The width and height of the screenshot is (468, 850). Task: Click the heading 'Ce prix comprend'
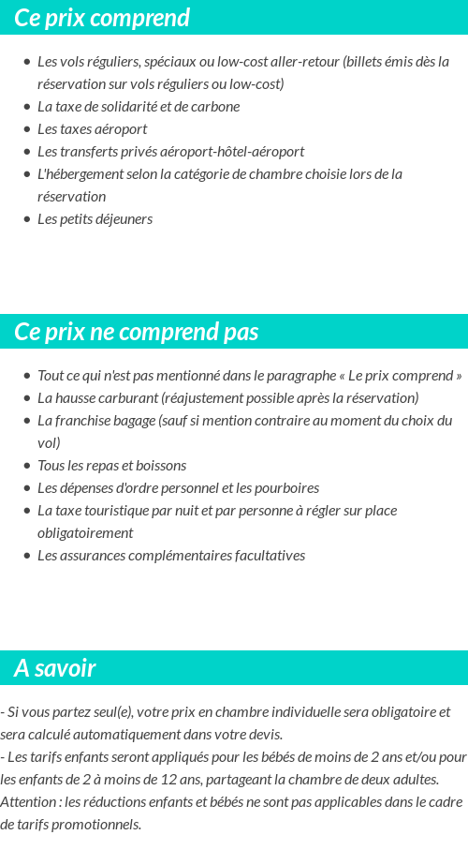(102, 18)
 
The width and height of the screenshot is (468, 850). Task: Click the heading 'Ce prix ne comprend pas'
(137, 333)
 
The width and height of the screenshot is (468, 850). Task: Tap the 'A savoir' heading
(55, 668)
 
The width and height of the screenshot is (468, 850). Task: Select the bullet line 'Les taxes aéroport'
(92, 128)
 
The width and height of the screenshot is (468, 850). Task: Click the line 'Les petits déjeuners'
(95, 218)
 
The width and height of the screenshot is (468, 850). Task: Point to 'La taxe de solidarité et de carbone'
(139, 106)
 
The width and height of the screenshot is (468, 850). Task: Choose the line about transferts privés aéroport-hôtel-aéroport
(170, 151)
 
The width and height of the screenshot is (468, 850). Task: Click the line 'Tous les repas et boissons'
(111, 465)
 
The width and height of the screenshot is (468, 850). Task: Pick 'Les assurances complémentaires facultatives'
(171, 555)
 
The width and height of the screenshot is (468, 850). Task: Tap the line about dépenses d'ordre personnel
(178, 487)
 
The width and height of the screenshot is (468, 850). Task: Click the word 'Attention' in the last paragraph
(29, 801)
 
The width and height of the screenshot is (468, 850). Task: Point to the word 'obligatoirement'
(85, 532)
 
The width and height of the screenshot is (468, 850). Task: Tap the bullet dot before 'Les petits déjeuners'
(27, 219)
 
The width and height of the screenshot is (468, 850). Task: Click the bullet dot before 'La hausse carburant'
(27, 398)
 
